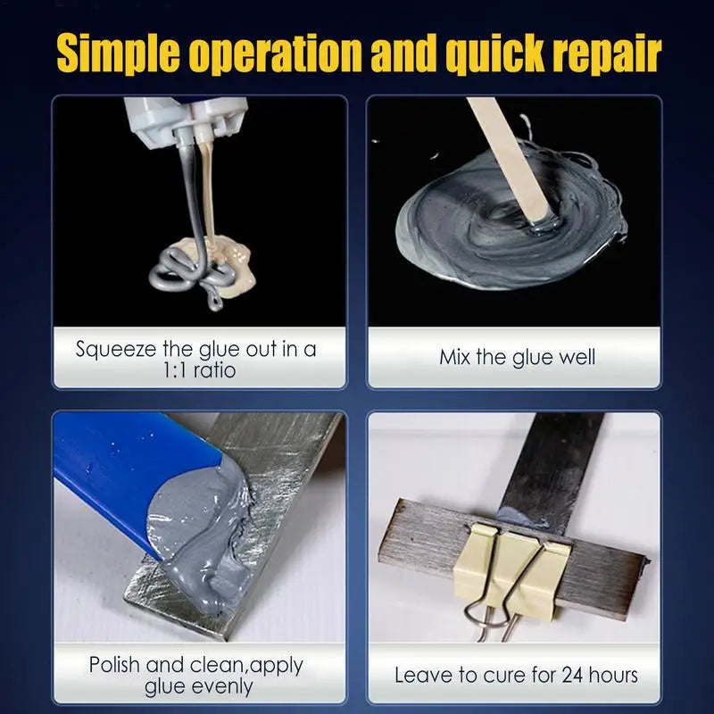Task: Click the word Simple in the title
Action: click(x=118, y=54)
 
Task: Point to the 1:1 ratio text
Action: click(x=199, y=370)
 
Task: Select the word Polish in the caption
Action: click(x=114, y=665)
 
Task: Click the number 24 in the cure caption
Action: click(x=572, y=675)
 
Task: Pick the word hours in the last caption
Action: click(x=613, y=675)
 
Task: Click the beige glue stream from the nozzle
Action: click(x=207, y=191)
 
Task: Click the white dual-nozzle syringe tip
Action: click(x=187, y=120)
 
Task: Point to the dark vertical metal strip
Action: click(x=553, y=474)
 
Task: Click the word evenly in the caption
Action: click(x=198, y=687)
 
